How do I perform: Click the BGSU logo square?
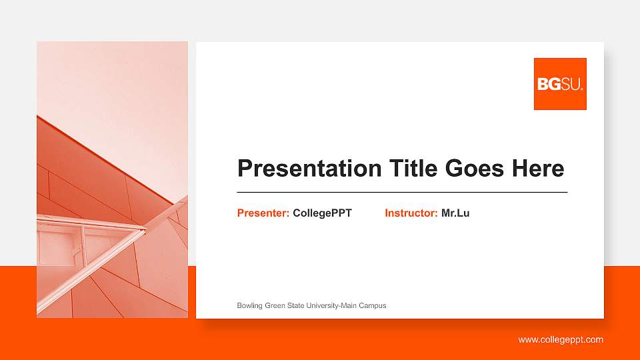point(560,83)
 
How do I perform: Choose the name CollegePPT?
point(322,213)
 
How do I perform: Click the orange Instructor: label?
point(411,213)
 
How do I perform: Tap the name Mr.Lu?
point(455,213)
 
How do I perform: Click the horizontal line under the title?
point(402,192)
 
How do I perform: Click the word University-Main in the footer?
point(331,306)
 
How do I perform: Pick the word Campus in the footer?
point(373,306)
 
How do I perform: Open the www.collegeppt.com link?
point(561,340)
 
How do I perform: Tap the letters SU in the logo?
point(572,85)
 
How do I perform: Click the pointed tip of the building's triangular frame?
point(145,230)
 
